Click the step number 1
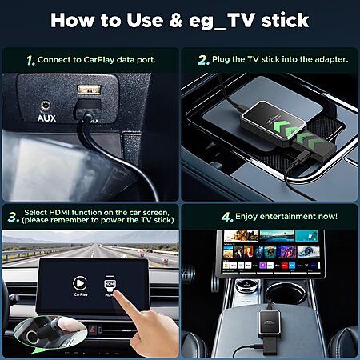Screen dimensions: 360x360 [30, 60]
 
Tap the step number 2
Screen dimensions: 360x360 [203, 60]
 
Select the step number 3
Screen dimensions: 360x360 [13, 217]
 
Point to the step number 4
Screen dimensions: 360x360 [227, 217]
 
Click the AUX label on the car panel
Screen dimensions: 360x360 [46, 118]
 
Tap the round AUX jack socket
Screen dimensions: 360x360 [45, 106]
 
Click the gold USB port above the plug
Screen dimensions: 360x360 [89, 90]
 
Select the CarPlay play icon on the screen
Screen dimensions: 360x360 [80, 283]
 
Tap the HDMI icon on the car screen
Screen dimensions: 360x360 [110, 284]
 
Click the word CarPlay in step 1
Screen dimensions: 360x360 [98, 60]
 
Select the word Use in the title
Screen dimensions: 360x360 [145, 20]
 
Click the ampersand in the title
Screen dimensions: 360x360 [176, 21]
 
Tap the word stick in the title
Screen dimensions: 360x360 [285, 20]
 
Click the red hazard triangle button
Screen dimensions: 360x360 [92, 330]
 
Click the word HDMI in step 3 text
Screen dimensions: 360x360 [59, 213]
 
